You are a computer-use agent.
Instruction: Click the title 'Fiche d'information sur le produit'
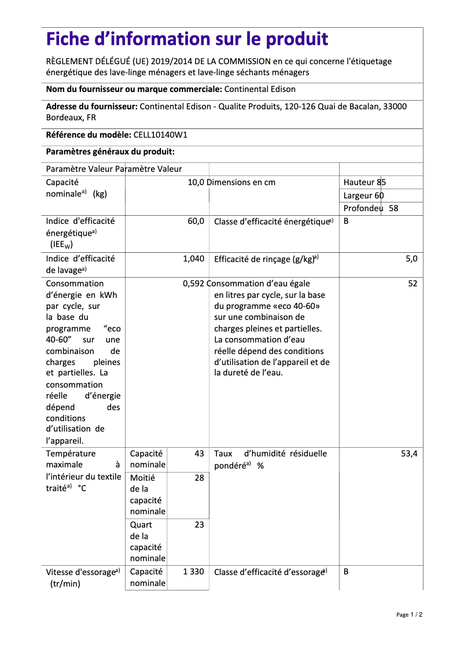click(x=187, y=39)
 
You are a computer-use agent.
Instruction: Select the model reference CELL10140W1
click(x=160, y=135)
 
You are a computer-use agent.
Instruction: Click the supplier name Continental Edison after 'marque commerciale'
click(x=259, y=89)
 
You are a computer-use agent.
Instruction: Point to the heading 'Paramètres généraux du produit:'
click(x=110, y=152)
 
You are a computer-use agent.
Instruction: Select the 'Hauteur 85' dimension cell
click(x=364, y=182)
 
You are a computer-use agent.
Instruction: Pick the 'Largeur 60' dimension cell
click(x=363, y=196)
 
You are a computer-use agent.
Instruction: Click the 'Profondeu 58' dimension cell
click(x=371, y=208)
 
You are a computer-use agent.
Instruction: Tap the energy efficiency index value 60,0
click(x=196, y=221)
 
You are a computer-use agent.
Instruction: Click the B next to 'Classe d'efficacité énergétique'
click(x=346, y=221)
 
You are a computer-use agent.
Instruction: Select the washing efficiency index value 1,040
click(x=193, y=259)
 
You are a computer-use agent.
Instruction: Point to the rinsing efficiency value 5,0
click(x=411, y=259)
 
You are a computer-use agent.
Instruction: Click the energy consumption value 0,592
click(x=193, y=283)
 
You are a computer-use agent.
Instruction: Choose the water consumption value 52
click(x=413, y=283)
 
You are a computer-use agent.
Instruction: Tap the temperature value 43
click(x=199, y=454)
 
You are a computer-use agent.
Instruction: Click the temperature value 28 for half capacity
click(x=199, y=478)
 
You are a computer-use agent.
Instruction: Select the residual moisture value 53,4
click(x=409, y=454)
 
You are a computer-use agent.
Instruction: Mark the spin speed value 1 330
click(x=193, y=572)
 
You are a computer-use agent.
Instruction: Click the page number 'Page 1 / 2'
click(x=409, y=614)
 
